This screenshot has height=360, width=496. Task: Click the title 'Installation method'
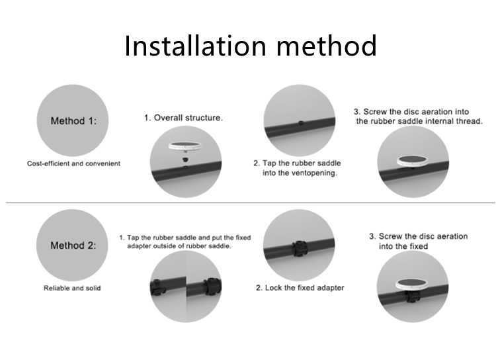251,46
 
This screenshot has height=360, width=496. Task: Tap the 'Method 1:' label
73,121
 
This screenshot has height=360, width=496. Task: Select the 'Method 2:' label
73,246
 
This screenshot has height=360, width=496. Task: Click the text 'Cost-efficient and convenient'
73,163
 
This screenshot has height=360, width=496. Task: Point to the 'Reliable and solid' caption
72,288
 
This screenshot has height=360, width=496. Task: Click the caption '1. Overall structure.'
183,118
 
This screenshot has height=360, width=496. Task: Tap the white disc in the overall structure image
185,146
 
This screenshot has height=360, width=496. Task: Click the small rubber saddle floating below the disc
185,159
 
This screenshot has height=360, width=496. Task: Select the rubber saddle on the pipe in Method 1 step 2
301,122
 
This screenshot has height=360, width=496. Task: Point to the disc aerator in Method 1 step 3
413,161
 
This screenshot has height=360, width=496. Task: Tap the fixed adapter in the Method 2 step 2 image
299,249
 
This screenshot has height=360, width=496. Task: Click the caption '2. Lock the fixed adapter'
300,288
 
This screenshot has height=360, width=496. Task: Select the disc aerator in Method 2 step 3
412,284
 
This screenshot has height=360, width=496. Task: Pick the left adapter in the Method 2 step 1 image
158,287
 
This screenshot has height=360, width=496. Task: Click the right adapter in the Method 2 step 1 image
212,287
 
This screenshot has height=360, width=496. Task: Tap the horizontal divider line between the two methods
251,202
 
